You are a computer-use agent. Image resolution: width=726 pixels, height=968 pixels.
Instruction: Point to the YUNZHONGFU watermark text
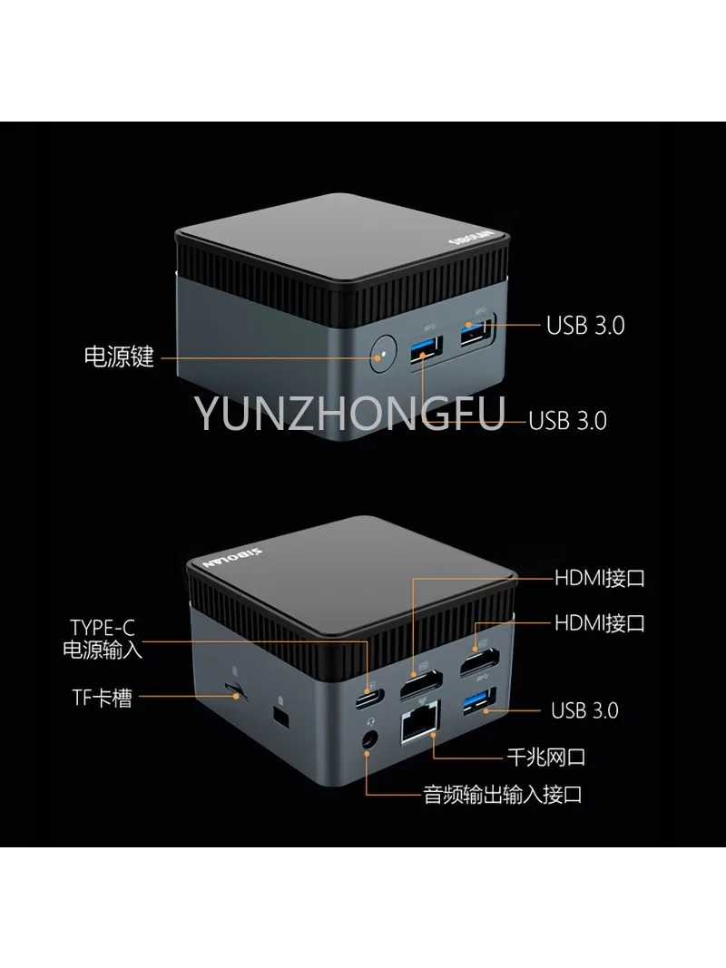(350, 415)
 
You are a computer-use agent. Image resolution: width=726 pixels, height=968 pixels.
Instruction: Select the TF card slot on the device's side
(239, 693)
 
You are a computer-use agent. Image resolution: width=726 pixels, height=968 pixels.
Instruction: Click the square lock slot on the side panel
(280, 717)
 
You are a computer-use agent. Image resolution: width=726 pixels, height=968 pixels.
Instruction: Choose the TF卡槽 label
(103, 698)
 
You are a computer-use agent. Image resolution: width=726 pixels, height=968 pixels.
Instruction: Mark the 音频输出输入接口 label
(503, 796)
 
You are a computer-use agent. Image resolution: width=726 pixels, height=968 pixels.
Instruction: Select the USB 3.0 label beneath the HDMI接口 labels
(584, 709)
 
